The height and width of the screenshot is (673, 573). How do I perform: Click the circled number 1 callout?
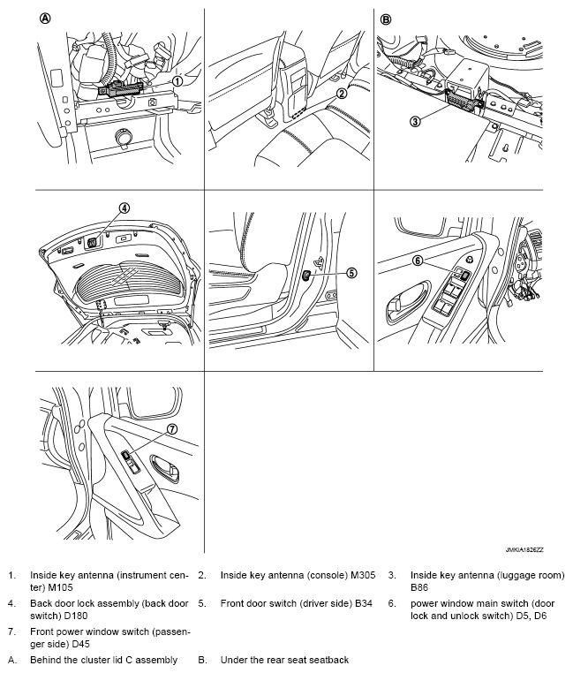(x=177, y=80)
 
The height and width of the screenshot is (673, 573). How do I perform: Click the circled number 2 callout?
(x=342, y=92)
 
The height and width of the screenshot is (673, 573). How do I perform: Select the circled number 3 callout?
(x=414, y=120)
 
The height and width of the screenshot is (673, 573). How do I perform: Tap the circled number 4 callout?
(x=124, y=208)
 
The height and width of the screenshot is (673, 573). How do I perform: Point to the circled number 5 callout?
(x=351, y=273)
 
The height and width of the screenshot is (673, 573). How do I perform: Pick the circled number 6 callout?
(x=418, y=261)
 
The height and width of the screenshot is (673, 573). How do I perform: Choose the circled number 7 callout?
(x=172, y=429)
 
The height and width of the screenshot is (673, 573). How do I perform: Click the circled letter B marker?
(x=385, y=19)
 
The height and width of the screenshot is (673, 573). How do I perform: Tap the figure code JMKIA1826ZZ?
(x=524, y=548)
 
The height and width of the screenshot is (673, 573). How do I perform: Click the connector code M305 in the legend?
(x=360, y=575)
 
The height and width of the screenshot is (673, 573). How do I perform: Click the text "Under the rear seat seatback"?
(x=284, y=660)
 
